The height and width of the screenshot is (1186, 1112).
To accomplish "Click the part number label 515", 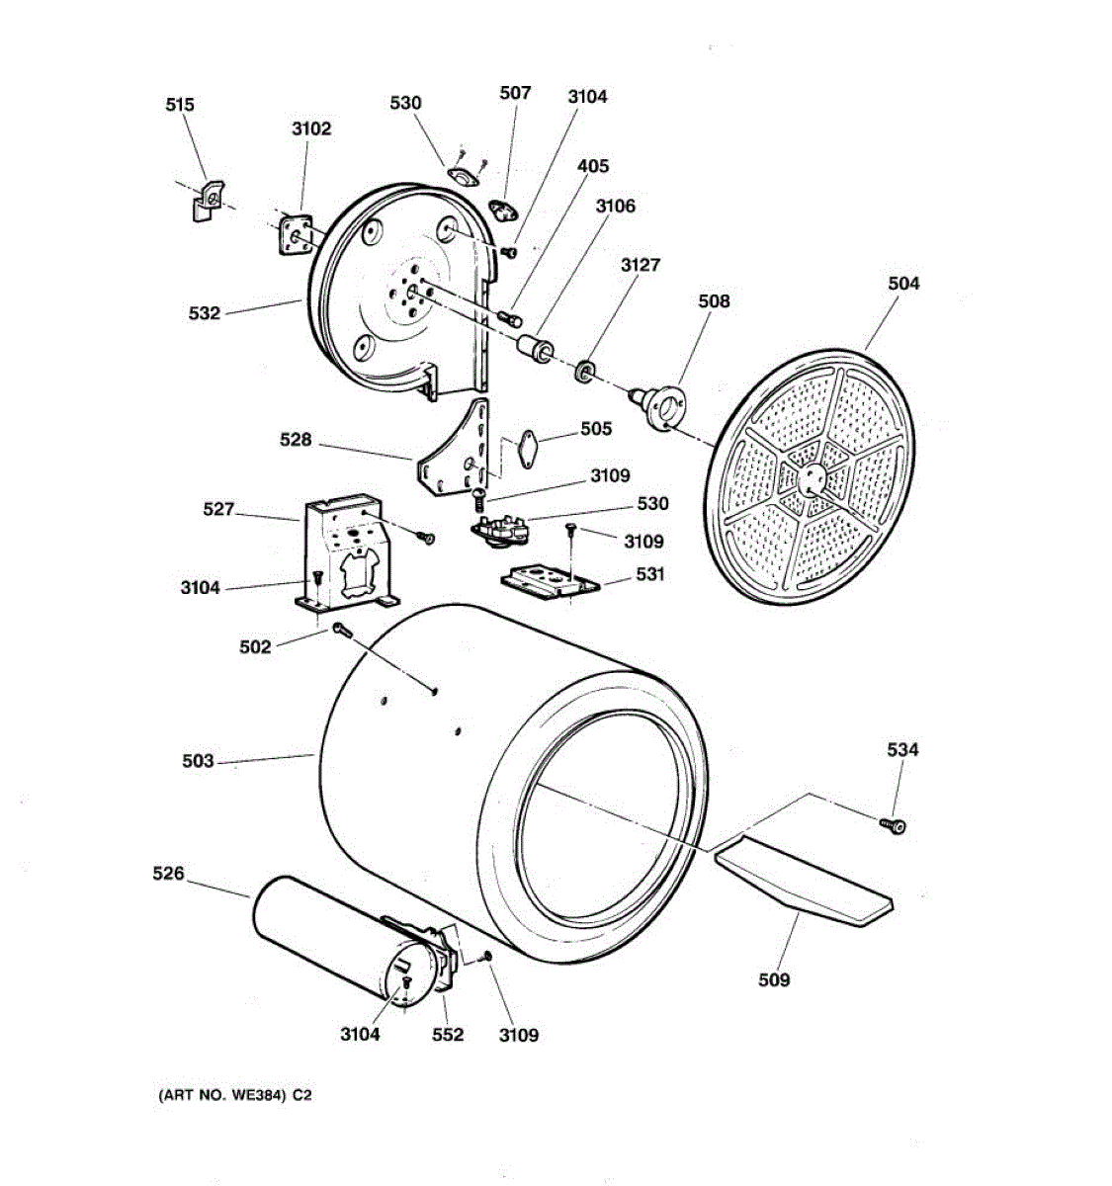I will (x=180, y=105).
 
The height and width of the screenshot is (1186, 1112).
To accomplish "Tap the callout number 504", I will (x=903, y=284).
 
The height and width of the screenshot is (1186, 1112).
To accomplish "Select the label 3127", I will (x=641, y=265).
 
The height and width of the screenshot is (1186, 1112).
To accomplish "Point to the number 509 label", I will (x=774, y=979).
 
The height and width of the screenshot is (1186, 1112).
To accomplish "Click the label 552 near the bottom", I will (x=448, y=1035).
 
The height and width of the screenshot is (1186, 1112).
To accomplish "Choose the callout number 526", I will (x=168, y=874).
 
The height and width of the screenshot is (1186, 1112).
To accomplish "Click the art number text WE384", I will (x=259, y=1095).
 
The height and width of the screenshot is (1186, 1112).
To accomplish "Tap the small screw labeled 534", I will (x=896, y=824).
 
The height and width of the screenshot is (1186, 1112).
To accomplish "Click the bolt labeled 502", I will (x=341, y=630).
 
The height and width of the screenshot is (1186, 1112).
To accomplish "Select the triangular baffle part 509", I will (x=802, y=879).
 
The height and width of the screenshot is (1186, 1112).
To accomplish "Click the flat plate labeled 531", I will (x=550, y=580).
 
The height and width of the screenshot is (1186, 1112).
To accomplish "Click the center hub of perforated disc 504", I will (x=811, y=479).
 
